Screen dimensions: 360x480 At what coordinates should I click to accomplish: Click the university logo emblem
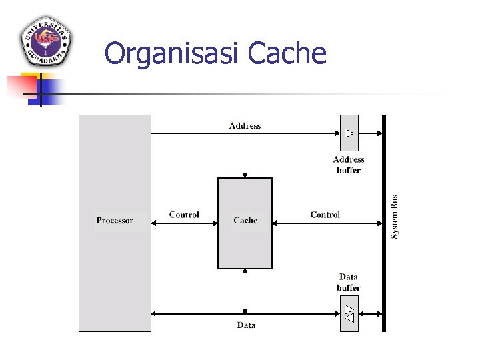[46, 41]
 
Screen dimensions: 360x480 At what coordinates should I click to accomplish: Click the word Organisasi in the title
[173, 53]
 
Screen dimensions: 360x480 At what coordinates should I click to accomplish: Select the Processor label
[115, 221]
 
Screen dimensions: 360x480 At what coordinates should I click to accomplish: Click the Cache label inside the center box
[245, 221]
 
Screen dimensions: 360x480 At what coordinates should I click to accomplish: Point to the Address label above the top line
[245, 125]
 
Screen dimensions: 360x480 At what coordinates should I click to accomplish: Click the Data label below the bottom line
[245, 325]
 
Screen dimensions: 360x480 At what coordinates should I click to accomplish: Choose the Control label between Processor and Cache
[184, 215]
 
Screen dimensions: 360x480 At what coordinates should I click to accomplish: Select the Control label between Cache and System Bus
[325, 215]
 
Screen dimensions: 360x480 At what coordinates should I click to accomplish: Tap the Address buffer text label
[349, 165]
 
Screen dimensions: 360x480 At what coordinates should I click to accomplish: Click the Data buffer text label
[349, 282]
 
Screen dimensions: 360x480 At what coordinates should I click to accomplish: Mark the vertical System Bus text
[395, 217]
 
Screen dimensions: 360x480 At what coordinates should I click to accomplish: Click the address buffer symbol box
[349, 133]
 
